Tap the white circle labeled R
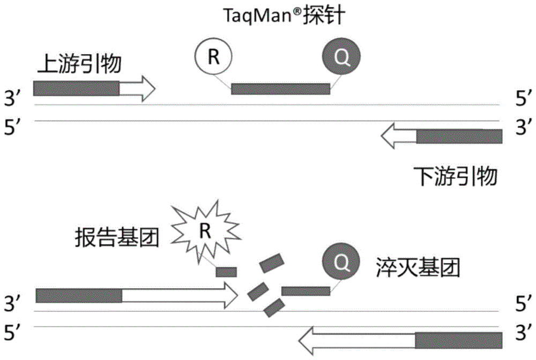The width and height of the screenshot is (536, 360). pos(213,56)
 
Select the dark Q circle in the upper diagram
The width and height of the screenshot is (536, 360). pos(341,56)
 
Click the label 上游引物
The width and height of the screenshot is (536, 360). pos(79,65)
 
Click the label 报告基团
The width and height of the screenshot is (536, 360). pos(117,238)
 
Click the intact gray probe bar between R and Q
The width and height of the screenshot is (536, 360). pos(280,89)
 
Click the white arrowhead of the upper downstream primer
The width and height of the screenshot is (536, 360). pos(399,137)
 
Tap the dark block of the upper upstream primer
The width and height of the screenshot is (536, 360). pos(76,88)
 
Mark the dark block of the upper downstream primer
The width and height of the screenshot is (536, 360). pos(459,137)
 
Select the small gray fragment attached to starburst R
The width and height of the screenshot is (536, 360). pos(226,272)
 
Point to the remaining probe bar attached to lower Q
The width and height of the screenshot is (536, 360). pos(306,291)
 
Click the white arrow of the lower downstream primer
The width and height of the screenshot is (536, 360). pos(356,340)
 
